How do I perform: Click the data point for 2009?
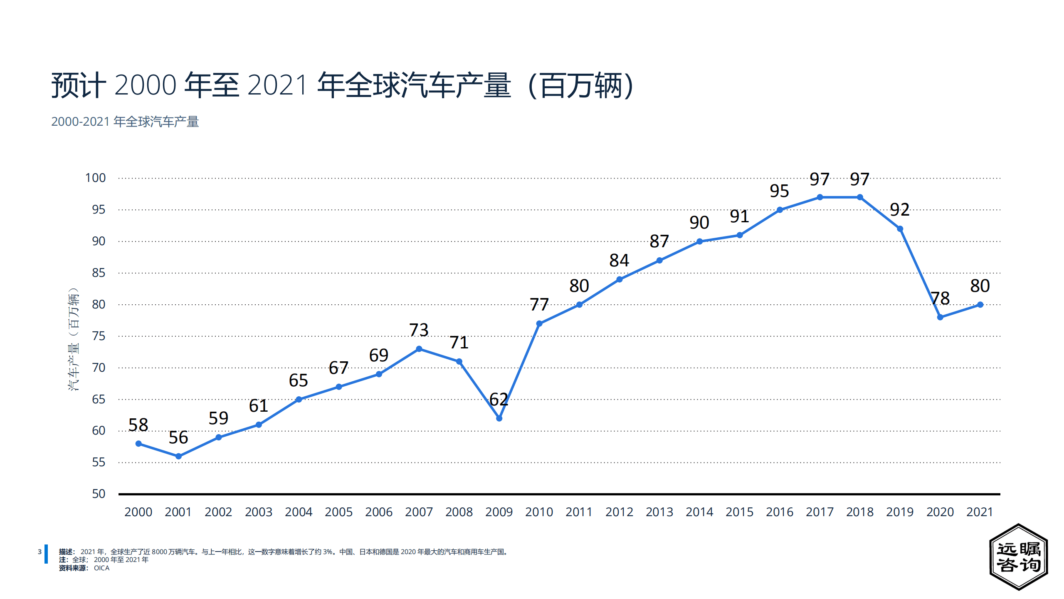[499, 418]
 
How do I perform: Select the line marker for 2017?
[820, 197]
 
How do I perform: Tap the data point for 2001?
[178, 456]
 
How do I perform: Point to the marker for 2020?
[940, 317]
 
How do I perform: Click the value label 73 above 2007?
[419, 330]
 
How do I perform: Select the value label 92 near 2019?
[900, 209]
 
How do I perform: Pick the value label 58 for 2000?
[138, 425]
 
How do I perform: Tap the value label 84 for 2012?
[619, 260]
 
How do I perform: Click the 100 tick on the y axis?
[95, 178]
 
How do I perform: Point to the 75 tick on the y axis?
[99, 336]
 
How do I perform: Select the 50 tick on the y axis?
[99, 494]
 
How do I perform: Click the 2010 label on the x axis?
[539, 512]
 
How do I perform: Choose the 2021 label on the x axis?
[980, 512]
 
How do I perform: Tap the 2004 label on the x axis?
[299, 512]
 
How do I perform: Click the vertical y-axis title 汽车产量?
[73, 339]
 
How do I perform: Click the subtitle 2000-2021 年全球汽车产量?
[125, 122]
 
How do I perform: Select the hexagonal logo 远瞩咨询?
[1018, 557]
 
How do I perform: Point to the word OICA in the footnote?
[101, 568]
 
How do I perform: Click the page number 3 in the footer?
[39, 552]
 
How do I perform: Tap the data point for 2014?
[699, 241]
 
